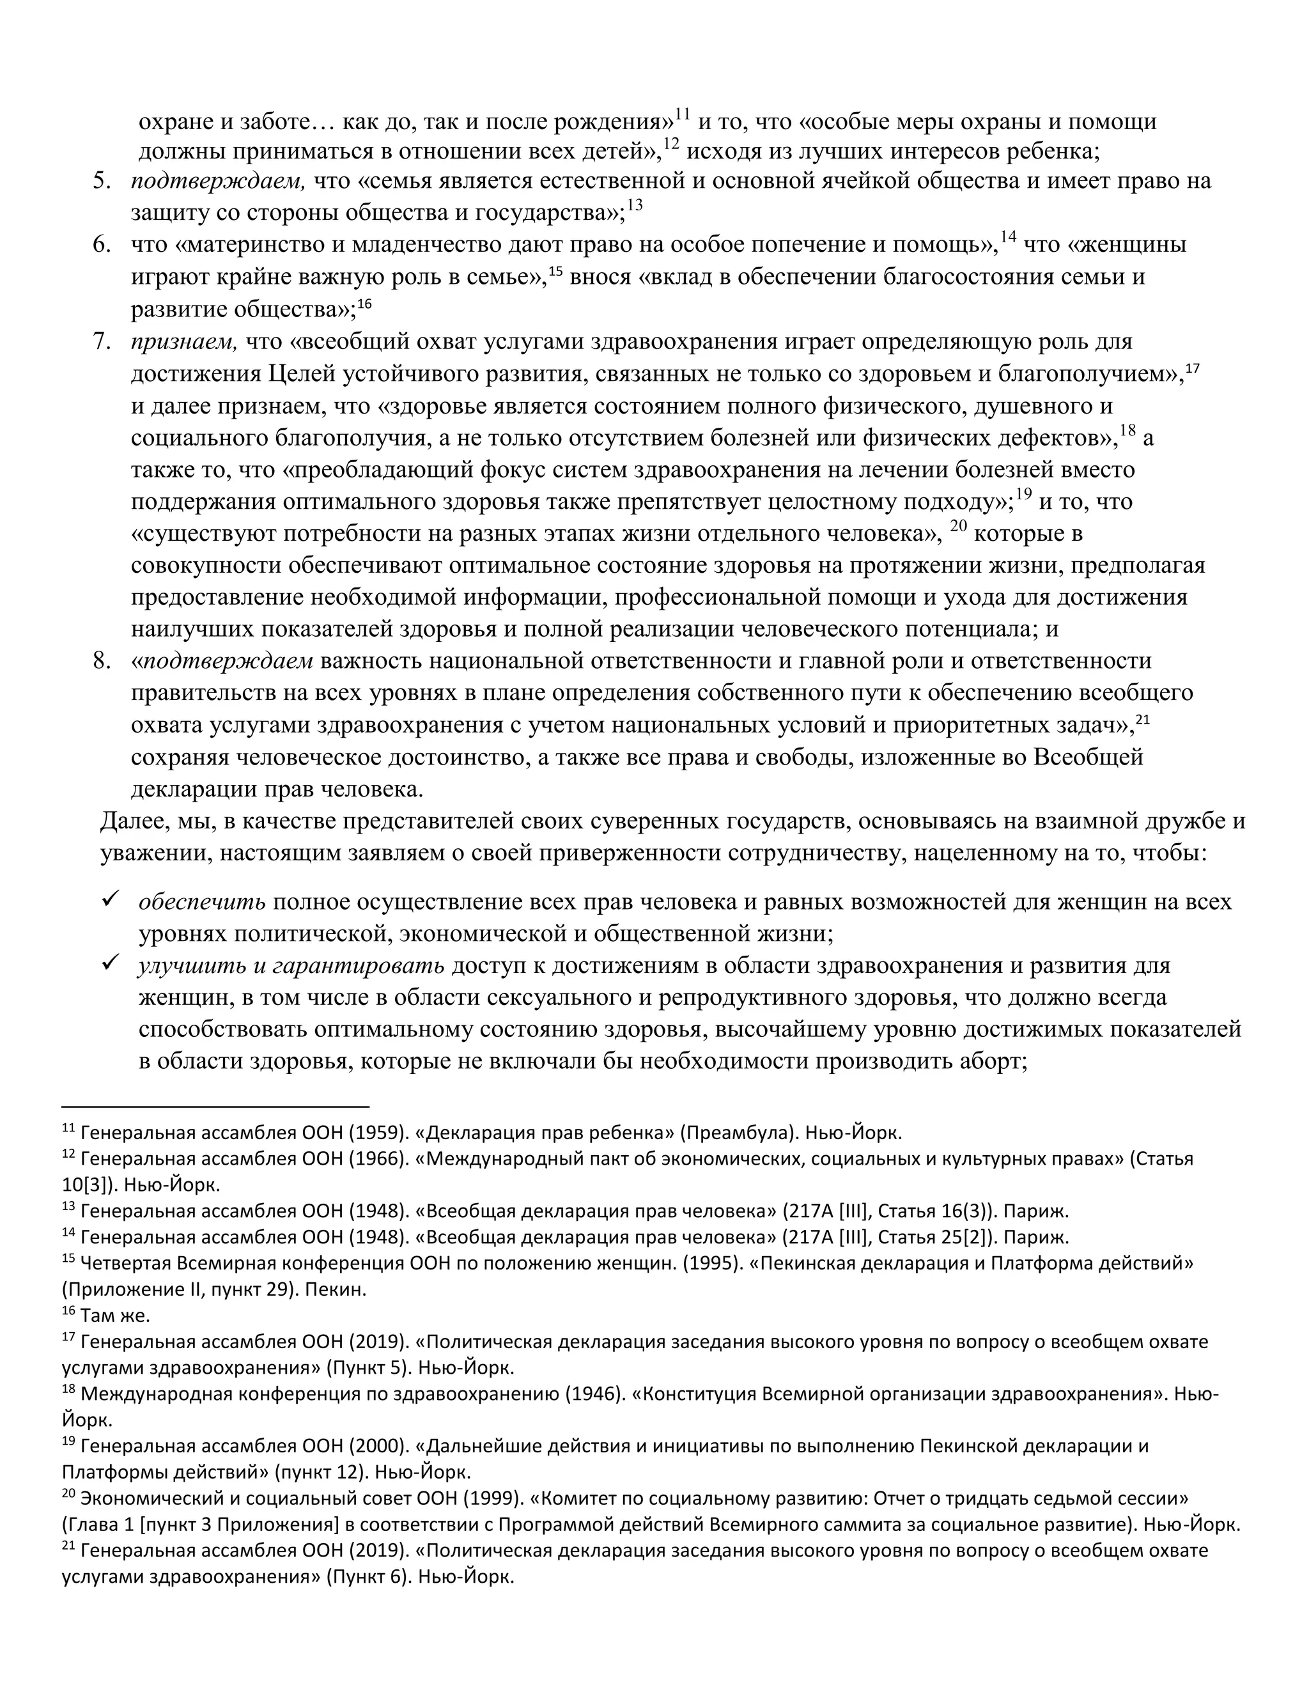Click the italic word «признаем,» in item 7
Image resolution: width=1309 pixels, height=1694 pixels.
tap(183, 342)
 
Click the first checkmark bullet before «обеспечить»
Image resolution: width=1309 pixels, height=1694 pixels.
tap(109, 900)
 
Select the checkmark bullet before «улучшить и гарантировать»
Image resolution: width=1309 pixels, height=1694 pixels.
tap(109, 963)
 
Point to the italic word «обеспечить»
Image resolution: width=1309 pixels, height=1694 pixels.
tap(201, 902)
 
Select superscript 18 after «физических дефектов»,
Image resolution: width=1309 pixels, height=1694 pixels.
tap(1127, 431)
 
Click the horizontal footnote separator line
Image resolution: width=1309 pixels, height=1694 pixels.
tap(215, 1107)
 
